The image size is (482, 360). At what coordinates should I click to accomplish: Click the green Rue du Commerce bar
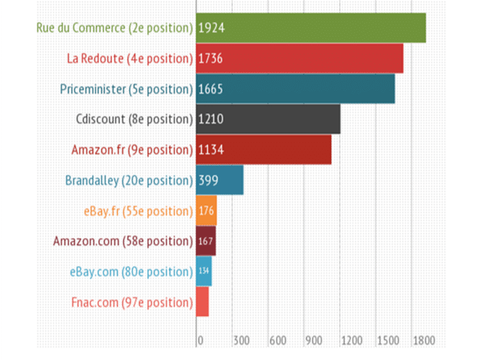311,28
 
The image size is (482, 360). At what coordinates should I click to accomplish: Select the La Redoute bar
300,58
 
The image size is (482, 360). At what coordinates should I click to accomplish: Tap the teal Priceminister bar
295,89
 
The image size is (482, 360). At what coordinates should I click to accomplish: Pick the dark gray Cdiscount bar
268,119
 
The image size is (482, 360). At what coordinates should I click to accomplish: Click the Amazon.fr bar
264,149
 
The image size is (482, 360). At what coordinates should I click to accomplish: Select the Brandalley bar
220,180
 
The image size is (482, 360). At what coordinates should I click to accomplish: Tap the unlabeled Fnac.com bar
203,302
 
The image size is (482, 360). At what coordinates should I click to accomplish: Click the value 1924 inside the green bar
211,28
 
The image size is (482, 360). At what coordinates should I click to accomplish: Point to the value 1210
211,119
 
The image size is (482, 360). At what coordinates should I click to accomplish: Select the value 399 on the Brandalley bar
208,180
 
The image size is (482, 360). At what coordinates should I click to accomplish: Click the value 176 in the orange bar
206,211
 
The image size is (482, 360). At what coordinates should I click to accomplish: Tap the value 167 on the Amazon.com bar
205,241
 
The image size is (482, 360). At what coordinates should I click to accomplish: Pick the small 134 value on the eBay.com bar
204,271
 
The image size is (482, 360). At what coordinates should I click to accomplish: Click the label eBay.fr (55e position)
139,211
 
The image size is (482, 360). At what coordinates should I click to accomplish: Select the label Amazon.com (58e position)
123,241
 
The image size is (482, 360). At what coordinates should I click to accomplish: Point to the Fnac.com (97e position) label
132,303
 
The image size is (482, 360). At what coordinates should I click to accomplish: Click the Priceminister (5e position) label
126,89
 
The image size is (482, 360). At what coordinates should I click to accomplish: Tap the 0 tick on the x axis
200,341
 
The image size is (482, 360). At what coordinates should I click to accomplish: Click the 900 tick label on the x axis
313,341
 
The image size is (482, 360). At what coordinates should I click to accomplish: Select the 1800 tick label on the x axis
424,341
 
